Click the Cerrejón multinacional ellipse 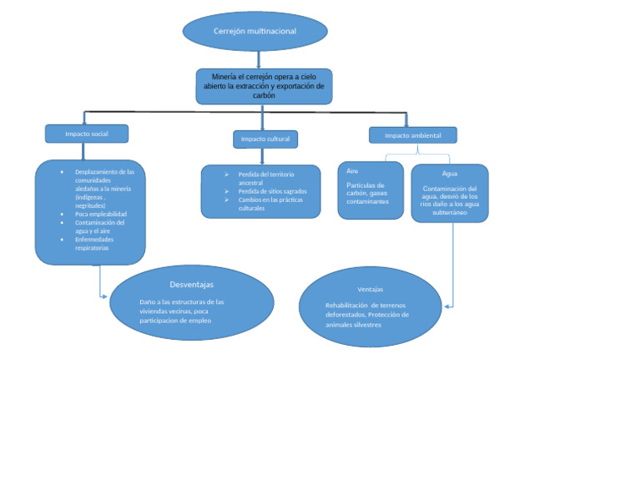coord(255,32)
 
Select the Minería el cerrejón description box coord(264,86)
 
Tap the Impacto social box coord(87,134)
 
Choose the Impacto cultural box coord(265,139)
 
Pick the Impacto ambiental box coord(412,135)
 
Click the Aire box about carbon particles coord(370,190)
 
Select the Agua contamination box coord(449,193)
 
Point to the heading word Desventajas coord(191,285)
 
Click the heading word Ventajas coord(370,289)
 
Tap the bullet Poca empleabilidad coord(101,214)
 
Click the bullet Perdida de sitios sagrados coord(272,191)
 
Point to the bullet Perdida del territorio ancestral coord(266,178)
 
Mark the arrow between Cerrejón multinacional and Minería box coord(259,59)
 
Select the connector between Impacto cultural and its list coord(263,156)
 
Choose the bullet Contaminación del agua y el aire coord(99,226)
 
